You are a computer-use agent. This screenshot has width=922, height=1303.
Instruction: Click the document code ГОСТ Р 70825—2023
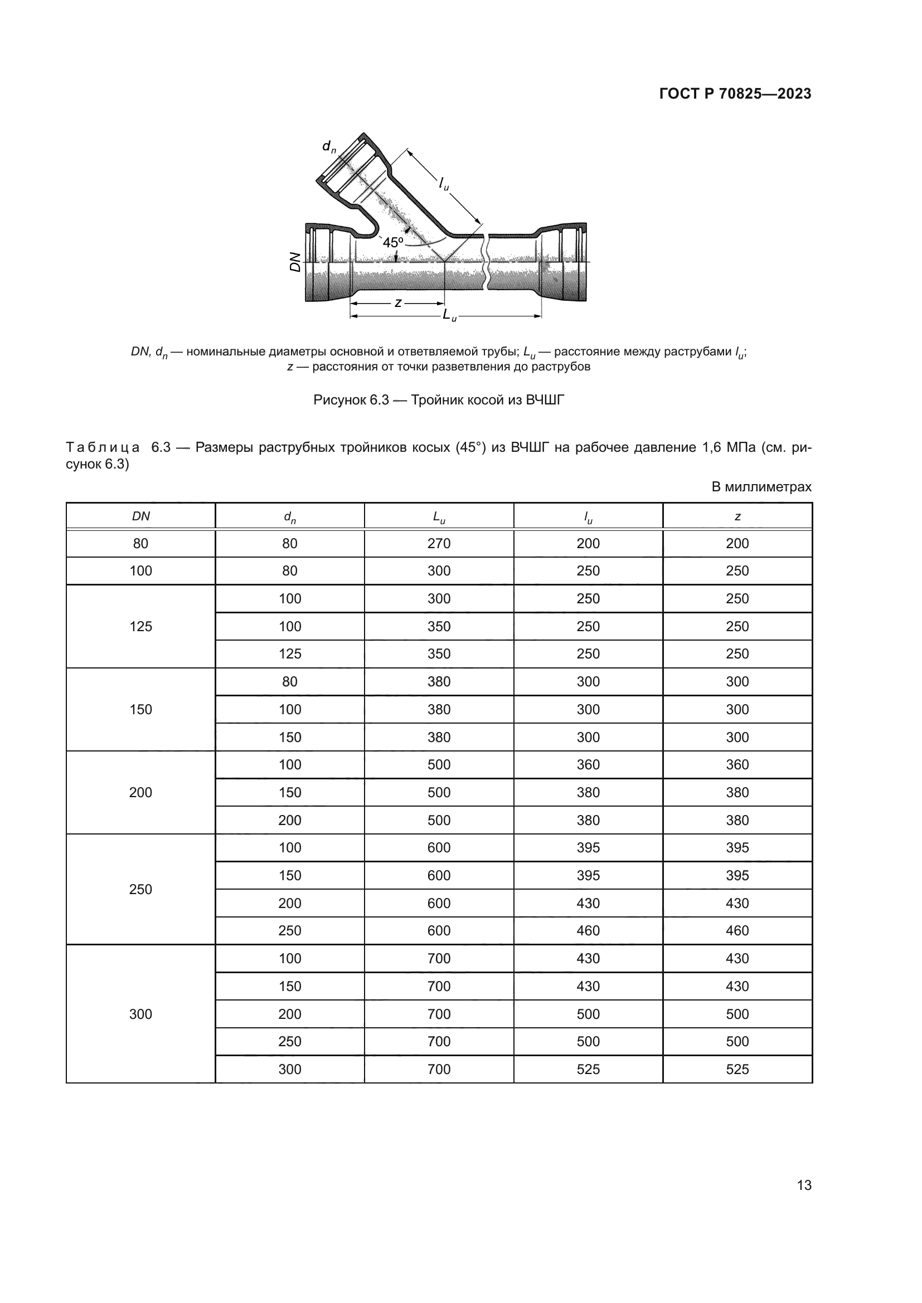(735, 94)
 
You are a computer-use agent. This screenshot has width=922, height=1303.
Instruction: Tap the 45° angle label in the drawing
(393, 243)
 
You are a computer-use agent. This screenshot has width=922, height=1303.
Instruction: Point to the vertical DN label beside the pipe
(295, 262)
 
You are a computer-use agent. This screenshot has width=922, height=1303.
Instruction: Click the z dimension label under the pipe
(398, 303)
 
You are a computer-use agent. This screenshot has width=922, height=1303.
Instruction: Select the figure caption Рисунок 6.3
(438, 400)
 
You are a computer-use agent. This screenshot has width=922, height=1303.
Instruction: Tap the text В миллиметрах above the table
(761, 487)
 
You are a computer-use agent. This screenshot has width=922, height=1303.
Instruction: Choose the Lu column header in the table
(439, 516)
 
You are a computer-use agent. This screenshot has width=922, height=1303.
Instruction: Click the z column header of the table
(737, 516)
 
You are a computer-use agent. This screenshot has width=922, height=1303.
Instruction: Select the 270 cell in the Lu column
(439, 544)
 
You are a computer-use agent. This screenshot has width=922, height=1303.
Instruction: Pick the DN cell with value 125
(141, 627)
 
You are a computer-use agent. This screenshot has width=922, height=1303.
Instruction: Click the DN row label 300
(141, 1014)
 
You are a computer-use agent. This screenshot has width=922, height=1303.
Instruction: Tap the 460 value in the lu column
(588, 931)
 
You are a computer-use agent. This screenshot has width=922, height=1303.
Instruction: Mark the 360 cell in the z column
(737, 764)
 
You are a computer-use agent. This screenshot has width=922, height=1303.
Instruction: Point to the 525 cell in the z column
(737, 1069)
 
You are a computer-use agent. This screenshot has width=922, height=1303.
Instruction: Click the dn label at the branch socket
(329, 147)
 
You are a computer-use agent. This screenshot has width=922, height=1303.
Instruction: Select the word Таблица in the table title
(103, 448)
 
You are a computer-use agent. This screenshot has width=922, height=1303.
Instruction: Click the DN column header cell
(141, 516)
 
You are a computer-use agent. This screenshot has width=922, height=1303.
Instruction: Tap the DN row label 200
(141, 792)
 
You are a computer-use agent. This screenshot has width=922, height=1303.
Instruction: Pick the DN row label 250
(141, 889)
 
